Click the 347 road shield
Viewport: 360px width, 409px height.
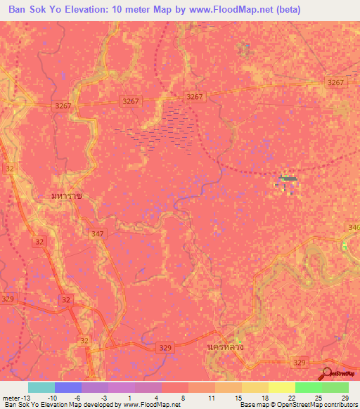tap(98, 232)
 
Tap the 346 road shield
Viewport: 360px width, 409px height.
tap(353, 228)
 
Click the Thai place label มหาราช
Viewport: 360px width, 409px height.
tap(67, 196)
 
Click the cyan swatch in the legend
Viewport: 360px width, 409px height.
tap(41, 387)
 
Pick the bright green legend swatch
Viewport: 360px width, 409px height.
tap(308, 387)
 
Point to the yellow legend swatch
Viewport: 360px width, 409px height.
tap(281, 387)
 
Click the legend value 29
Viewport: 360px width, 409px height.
tap(344, 397)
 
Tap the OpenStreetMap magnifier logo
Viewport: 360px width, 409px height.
tap(328, 372)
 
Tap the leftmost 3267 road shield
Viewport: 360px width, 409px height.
tap(64, 105)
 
